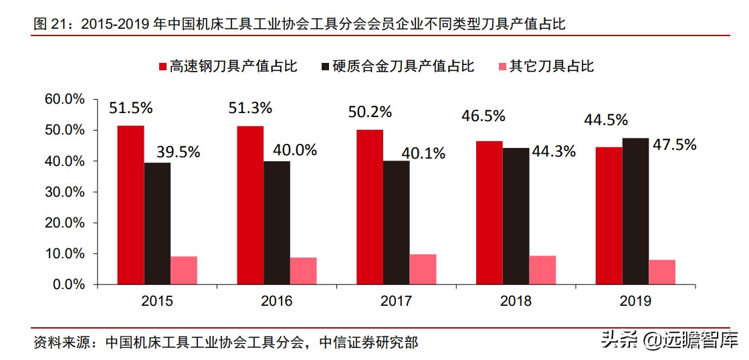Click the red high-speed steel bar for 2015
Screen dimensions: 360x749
[x=130, y=205]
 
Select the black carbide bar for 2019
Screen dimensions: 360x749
[x=635, y=211]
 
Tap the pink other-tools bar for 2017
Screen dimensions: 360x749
[x=423, y=269]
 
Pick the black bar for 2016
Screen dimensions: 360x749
[x=277, y=223]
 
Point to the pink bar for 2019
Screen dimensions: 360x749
[x=662, y=272]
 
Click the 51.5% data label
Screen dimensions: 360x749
[x=131, y=108]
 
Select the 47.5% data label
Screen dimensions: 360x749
[x=674, y=145]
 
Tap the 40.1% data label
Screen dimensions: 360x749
[x=423, y=153]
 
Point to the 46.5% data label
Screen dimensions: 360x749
[x=483, y=116]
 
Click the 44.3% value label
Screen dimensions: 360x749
[x=553, y=151]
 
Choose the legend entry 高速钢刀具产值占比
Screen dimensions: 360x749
[x=227, y=66]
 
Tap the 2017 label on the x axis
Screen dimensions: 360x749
[x=396, y=301]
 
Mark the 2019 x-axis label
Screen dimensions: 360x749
[x=635, y=301]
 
